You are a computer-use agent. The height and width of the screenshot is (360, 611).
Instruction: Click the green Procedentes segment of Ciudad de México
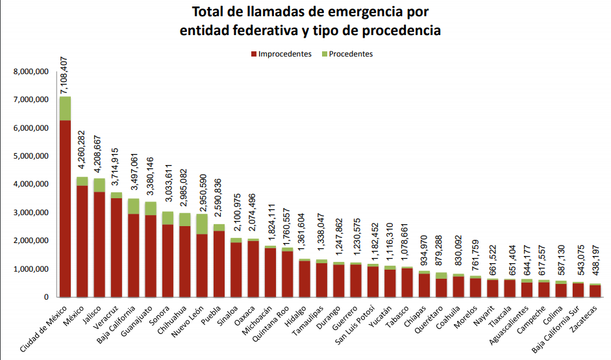[x=65, y=109]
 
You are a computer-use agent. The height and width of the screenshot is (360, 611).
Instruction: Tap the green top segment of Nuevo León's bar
[x=202, y=224]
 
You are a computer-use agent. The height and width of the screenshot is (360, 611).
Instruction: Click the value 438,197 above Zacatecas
[x=595, y=259]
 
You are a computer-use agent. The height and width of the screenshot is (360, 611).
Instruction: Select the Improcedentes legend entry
[x=281, y=54]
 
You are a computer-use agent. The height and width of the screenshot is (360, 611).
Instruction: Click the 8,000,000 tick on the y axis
[x=31, y=72]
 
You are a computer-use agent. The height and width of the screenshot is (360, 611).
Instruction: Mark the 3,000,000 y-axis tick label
[x=31, y=212]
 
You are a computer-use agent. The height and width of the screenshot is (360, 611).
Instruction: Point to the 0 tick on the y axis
[x=46, y=297]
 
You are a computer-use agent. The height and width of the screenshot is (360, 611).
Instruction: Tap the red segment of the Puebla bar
[x=219, y=263]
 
